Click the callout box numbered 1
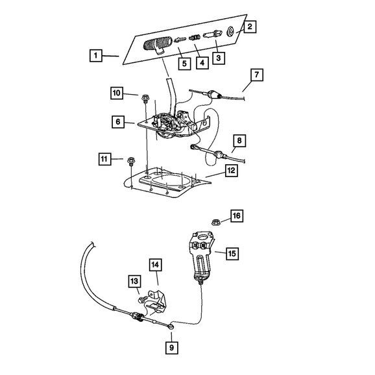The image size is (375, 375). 95,56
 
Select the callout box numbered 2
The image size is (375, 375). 250,27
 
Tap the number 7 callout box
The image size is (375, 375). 257,75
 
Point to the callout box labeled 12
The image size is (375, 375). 231,171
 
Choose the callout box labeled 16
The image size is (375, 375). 237,215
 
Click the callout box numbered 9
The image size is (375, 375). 172,347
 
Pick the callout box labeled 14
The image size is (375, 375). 155,265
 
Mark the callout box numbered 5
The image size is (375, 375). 184,64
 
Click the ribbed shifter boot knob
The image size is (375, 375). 158,45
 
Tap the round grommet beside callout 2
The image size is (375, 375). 230,32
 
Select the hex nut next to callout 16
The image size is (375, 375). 216,223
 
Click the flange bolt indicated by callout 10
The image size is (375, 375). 145,99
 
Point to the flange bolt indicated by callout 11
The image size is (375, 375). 130,161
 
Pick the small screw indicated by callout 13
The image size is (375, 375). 142,299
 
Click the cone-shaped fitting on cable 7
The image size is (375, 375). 213,95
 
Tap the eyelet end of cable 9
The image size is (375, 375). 171,327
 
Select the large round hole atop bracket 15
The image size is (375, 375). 203,237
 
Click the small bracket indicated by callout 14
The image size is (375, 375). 156,302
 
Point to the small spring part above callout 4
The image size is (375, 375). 195,38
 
